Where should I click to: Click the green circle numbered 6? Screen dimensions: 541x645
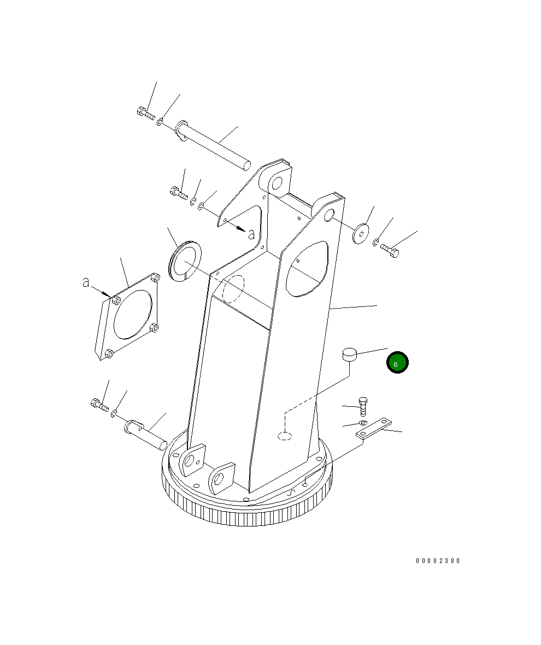pyautogui.click(x=397, y=363)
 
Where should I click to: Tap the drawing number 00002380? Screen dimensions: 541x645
pyautogui.click(x=438, y=561)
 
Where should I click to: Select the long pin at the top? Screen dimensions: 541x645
pyautogui.click(x=213, y=145)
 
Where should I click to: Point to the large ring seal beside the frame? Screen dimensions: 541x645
pyautogui.click(x=185, y=261)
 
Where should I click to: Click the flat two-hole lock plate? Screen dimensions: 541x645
pyautogui.click(x=375, y=430)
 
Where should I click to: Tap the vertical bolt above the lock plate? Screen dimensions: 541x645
pyautogui.click(x=363, y=407)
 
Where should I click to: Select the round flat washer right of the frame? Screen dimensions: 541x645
pyautogui.click(x=361, y=234)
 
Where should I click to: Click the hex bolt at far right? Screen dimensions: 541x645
pyautogui.click(x=390, y=251)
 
